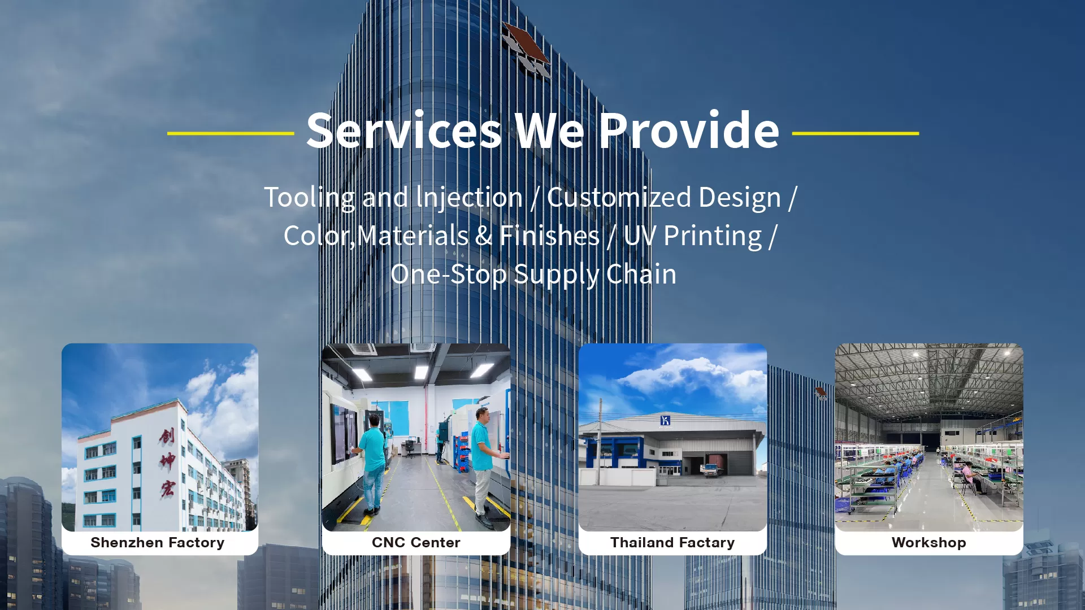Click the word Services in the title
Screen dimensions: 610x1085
[x=403, y=131]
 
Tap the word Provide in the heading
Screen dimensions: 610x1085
[x=689, y=131]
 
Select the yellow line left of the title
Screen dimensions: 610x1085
[x=231, y=133]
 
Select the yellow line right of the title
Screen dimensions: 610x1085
[x=855, y=133]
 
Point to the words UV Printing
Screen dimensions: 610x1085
[x=693, y=236]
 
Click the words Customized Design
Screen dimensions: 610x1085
[x=663, y=197]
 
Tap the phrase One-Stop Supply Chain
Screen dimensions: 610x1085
[x=533, y=274]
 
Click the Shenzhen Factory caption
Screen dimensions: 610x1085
[x=158, y=543]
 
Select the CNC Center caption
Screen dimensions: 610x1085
[x=416, y=543]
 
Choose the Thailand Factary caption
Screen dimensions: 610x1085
[x=672, y=543]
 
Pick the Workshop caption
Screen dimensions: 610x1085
[x=928, y=543]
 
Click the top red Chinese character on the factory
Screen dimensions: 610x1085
[x=167, y=435]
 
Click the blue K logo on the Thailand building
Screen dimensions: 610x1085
[x=665, y=420]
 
